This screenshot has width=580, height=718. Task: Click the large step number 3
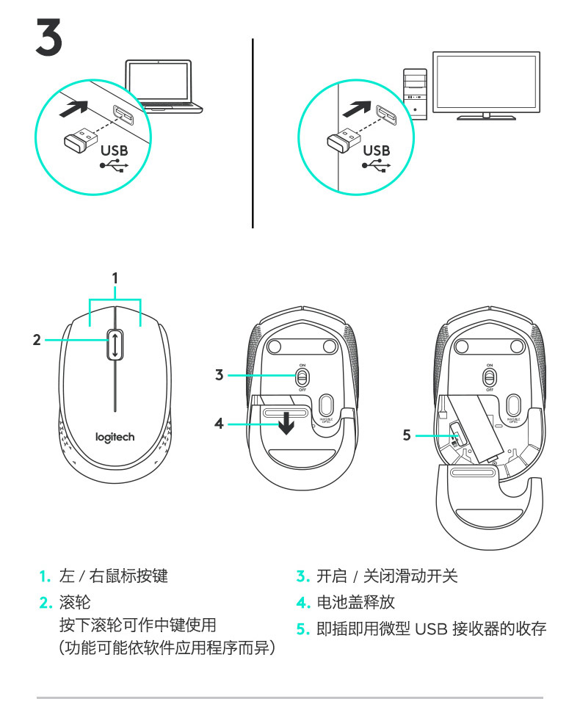[48, 37]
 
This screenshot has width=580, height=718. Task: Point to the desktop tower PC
[415, 93]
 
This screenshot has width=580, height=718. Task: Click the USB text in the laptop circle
[114, 150]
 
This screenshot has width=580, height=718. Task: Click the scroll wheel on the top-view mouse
[115, 344]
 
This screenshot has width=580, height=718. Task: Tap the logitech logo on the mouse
[115, 438]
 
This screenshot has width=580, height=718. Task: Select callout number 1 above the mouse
[115, 278]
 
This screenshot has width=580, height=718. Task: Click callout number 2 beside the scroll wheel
[36, 340]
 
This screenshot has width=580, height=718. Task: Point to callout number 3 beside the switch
[219, 375]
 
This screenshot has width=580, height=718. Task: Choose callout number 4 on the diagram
[219, 424]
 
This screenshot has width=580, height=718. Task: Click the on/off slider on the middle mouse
[302, 377]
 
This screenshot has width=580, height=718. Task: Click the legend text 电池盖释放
[355, 603]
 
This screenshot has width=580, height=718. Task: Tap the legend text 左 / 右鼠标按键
[113, 576]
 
